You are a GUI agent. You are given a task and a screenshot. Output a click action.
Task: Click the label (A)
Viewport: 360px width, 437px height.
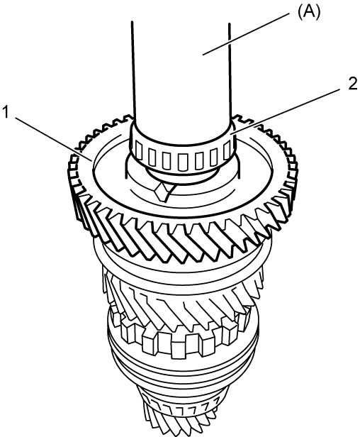click(x=309, y=13)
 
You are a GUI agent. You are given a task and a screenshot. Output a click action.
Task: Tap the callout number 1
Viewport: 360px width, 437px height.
click(x=6, y=113)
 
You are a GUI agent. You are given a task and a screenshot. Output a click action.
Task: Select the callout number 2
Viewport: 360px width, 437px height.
click(x=352, y=84)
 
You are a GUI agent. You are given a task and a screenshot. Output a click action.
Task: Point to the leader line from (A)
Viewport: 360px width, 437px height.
click(x=246, y=35)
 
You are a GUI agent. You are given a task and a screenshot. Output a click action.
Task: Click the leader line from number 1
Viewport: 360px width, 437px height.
click(x=53, y=139)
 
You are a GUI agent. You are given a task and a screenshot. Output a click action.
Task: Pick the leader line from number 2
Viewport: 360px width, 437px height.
click(x=286, y=111)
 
